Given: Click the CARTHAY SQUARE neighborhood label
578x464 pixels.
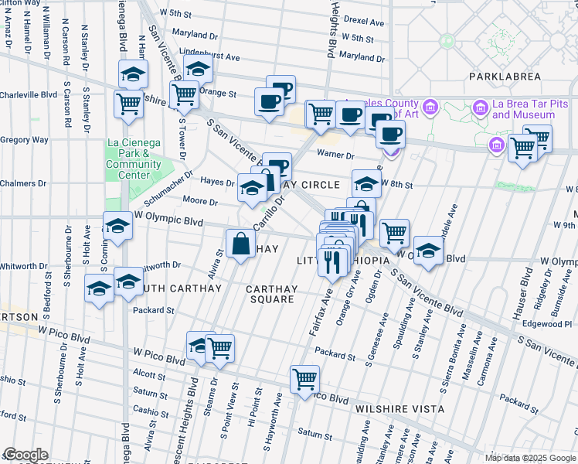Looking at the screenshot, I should pos(271,295).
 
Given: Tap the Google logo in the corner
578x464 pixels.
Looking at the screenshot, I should pos(25,455).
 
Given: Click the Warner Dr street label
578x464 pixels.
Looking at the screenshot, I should pos(335,155).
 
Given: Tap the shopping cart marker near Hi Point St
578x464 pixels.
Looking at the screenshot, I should pos(305,379).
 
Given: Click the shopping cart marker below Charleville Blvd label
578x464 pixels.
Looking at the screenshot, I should pos(128,103).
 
